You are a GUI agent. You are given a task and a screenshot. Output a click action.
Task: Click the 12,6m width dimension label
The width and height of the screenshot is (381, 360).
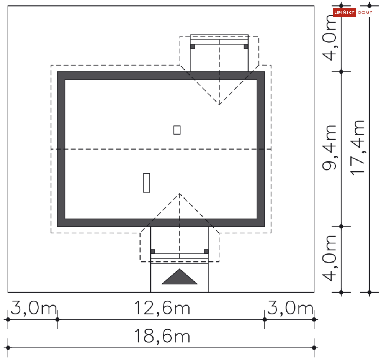pos(162,308)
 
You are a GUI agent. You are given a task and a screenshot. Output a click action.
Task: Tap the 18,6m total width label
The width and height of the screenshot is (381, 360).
pos(162,336)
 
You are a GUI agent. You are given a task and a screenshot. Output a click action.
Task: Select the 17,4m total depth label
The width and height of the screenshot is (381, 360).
pos(357,148)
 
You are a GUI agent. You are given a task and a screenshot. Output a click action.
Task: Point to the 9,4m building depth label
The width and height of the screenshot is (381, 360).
pos(329,148)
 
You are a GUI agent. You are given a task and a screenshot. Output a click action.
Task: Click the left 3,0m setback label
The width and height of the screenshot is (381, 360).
pos(34,308)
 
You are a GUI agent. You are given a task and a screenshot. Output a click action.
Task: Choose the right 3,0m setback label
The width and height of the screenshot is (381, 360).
pos(290,308)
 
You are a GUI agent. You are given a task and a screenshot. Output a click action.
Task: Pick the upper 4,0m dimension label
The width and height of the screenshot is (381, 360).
pos(329,38)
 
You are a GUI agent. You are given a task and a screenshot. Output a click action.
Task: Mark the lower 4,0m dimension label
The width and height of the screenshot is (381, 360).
pos(329,258)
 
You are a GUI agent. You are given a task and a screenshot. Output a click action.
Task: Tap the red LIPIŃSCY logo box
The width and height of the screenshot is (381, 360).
pos(344,12)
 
